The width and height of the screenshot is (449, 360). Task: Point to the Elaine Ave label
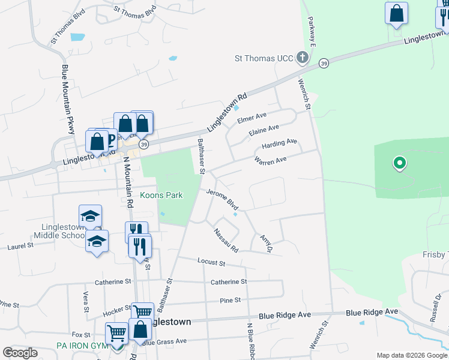point(264,130)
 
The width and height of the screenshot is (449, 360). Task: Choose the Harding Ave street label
point(279,144)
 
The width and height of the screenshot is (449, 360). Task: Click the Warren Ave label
point(270,161)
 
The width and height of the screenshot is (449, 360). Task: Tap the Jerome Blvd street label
point(222,199)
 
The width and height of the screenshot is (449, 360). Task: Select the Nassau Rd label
point(226,240)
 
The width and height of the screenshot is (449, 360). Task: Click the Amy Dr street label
point(267,243)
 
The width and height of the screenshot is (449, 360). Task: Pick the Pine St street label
point(230,300)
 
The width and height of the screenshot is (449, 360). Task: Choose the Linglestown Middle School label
point(64,232)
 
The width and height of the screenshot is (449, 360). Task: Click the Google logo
point(20,353)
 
